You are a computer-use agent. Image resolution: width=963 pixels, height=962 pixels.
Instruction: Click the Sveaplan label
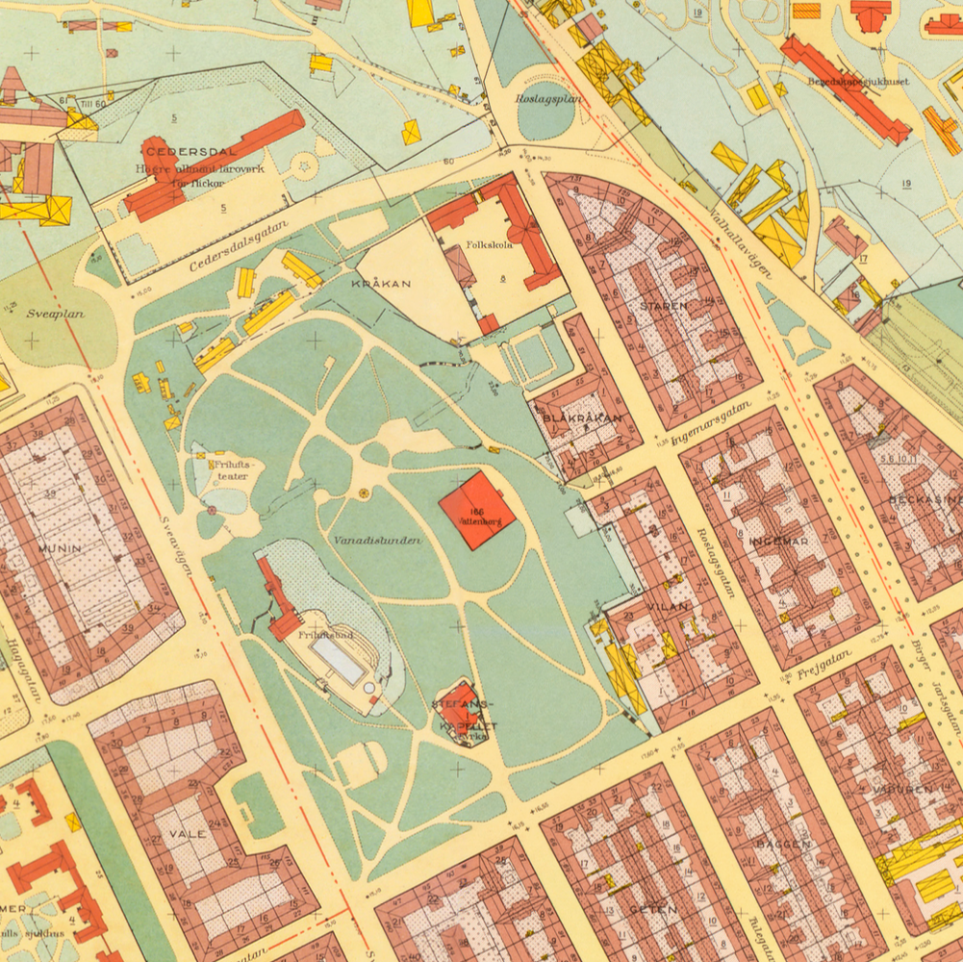pos(57,314)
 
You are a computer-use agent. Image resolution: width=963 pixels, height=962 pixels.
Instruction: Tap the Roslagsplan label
pos(548,98)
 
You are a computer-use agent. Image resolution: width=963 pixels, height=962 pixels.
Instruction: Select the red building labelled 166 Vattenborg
pos(476,510)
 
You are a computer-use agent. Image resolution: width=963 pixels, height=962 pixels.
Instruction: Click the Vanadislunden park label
pos(377,541)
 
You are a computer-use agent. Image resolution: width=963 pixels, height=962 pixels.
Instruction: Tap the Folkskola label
pos(490,245)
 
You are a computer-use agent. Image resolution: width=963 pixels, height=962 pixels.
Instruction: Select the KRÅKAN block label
pos(381,284)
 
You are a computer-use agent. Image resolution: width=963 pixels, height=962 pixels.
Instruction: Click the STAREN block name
pos(664,306)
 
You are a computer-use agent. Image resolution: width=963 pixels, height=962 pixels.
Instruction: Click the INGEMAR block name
pos(778,542)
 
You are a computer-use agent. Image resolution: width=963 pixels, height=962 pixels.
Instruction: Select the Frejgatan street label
pos(824,667)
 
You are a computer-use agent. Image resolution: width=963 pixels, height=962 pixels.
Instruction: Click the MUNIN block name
pos(60,547)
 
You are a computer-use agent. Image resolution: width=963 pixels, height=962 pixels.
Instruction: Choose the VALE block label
pos(187,833)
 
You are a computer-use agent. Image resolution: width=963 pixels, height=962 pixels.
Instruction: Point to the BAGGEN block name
pos(783,844)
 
